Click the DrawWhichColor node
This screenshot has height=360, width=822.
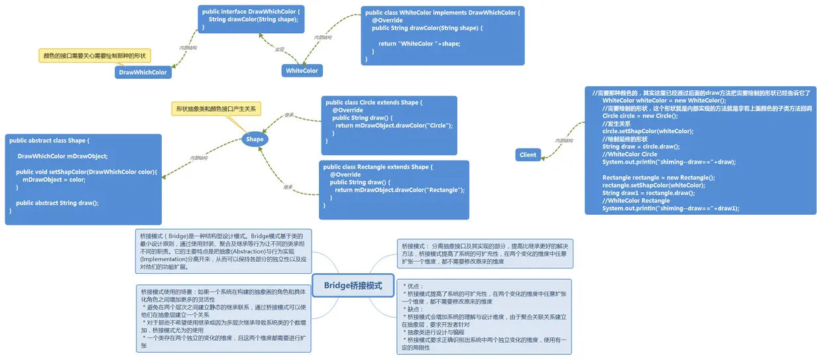pos(143,72)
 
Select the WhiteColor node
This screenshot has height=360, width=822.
pos(302,70)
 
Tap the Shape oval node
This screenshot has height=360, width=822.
pos(255,139)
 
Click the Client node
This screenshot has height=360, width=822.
pos(528,154)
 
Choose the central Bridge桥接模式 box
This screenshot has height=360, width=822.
pos(353,286)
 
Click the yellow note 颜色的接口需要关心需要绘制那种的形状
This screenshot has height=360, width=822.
pos(94,56)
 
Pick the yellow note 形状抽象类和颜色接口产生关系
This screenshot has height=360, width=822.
pos(216,108)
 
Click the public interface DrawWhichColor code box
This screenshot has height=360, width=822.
pos(253,19)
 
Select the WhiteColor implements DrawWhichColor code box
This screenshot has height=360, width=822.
pos(443,36)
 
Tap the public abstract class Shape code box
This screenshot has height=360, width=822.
pos(84,178)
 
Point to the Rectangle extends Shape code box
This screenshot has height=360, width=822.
pos(394,189)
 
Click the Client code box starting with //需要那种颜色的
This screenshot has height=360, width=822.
pos(700,150)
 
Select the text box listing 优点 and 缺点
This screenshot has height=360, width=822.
pos(485,316)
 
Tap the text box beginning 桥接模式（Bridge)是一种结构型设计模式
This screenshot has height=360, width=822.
pos(223,251)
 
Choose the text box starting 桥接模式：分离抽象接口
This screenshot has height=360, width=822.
pos(483,253)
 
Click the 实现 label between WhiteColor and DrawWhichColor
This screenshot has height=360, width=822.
pos(279,50)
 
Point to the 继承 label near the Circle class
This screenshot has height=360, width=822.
pos(288,115)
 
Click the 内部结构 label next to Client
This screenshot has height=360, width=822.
pos(563,141)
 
